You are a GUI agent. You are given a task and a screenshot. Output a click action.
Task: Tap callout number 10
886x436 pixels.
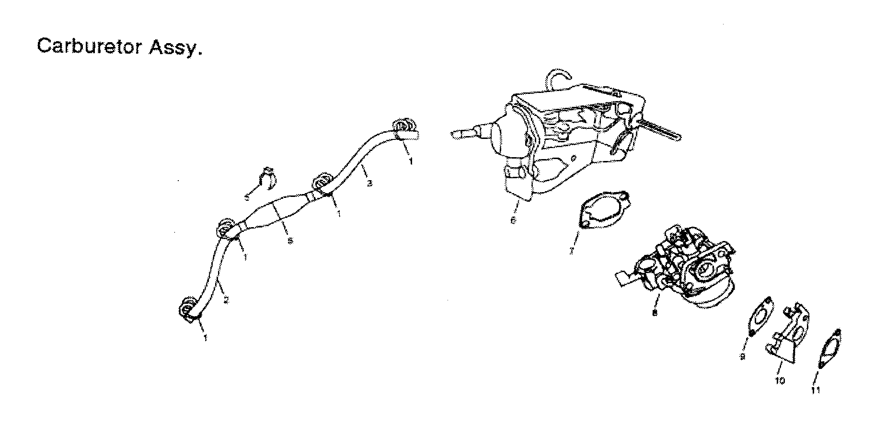coord(780,380)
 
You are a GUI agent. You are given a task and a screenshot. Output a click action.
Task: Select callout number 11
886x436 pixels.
coord(816,390)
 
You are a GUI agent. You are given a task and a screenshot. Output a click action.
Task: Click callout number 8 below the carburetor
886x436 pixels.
coord(655,312)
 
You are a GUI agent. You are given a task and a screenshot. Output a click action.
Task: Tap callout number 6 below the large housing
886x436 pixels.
coord(513,220)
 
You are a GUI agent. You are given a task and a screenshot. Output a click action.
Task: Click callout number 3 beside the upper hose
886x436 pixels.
coord(369,183)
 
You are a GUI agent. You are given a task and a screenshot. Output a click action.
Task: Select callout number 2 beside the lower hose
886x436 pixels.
coord(226,301)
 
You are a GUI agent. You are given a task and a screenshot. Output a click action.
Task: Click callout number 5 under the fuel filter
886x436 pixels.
coord(289,241)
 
